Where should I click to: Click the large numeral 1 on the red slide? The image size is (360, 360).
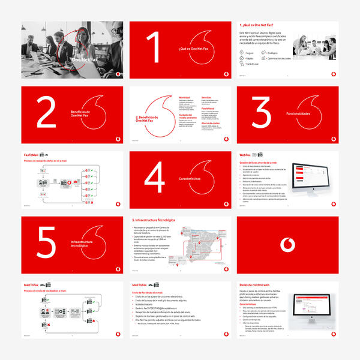click(154, 47)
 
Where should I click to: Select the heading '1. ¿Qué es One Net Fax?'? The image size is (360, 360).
click(260, 26)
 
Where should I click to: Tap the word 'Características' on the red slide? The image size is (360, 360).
click(194, 179)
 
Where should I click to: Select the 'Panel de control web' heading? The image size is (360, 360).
click(259, 285)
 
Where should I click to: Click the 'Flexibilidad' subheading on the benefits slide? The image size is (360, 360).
click(208, 109)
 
